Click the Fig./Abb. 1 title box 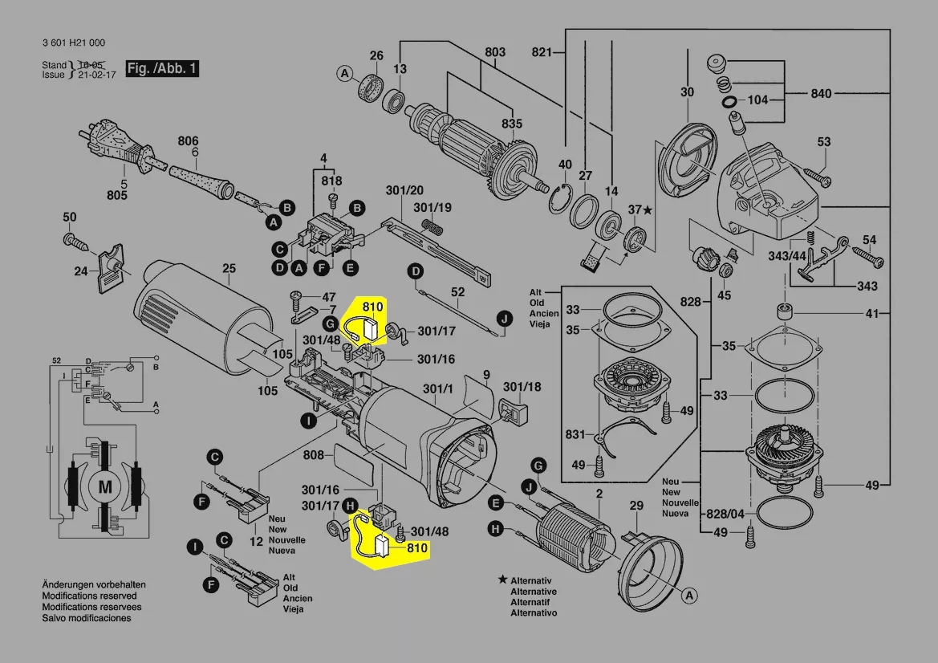(162, 68)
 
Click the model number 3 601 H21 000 (73, 43)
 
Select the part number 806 (188, 140)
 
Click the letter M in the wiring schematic (105, 486)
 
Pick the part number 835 (511, 124)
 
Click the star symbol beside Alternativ (502, 579)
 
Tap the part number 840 (821, 94)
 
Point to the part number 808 (314, 456)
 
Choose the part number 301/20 (404, 190)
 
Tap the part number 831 (575, 434)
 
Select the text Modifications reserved (88, 596)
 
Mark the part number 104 (757, 100)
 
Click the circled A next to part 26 (344, 75)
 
